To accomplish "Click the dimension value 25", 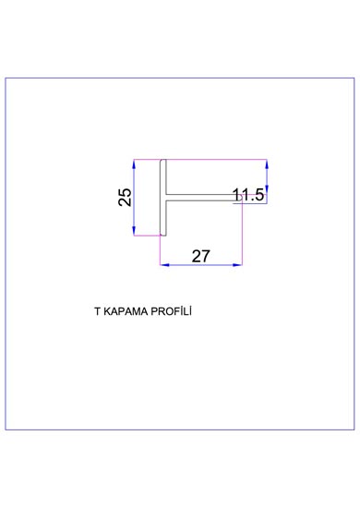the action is (125, 198).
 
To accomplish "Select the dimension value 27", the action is (200, 256).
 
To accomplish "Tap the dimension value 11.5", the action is (248, 195).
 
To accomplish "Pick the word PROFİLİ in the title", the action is (172, 311).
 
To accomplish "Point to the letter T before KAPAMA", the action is (97, 311).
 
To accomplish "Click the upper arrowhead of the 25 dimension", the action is (134, 163).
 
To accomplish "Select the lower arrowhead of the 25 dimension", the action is (134, 231).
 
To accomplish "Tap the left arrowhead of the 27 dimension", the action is (164, 265).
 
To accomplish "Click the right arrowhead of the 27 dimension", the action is (237, 265).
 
